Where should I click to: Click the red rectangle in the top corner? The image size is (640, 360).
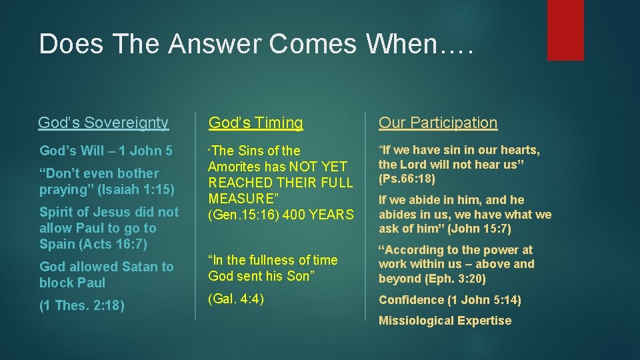coord(565,30)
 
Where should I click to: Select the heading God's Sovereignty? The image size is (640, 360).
coord(103,123)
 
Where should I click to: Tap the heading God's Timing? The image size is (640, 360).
coord(255,123)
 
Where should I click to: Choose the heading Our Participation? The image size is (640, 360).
coord(438,123)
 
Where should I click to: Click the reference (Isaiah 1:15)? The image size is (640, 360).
coord(136,189)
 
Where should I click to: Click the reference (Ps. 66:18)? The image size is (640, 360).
coord(407,179)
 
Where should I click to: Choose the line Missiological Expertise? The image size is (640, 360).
coord(445,321)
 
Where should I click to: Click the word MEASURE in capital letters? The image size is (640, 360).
coord(242,199)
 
